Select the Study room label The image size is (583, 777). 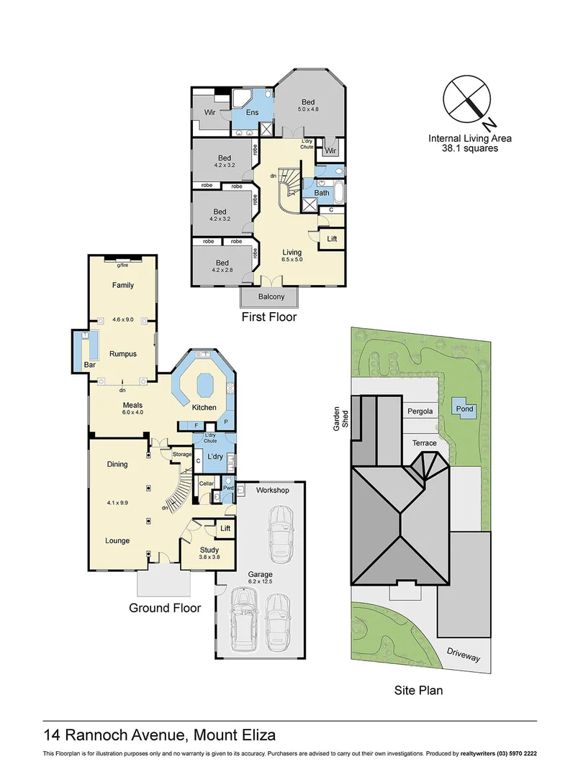click(209, 550)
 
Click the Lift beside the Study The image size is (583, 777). click(225, 529)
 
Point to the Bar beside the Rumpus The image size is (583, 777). click(90, 365)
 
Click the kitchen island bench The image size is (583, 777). click(203, 384)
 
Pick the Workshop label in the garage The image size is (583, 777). click(272, 491)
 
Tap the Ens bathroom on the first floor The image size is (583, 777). click(252, 113)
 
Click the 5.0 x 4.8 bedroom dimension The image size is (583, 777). click(308, 109)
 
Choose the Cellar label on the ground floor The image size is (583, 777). click(207, 483)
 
